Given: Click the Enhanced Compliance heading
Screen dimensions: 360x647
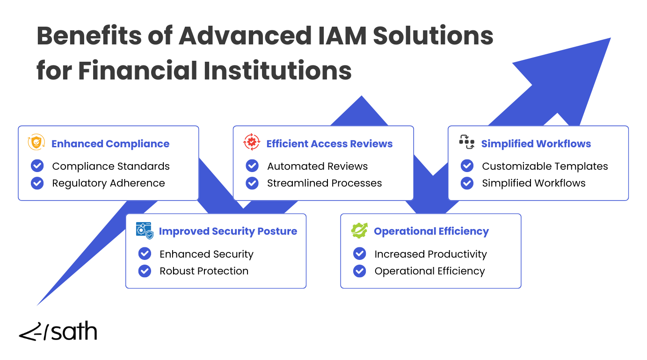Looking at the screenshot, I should (x=110, y=144).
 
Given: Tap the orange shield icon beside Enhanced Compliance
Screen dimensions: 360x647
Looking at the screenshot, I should (x=36, y=142).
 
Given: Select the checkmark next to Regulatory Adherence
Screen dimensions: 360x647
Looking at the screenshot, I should (x=37, y=183).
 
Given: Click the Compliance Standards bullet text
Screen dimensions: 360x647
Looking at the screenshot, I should (x=111, y=166).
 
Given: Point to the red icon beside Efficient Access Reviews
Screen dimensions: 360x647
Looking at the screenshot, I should (x=252, y=142).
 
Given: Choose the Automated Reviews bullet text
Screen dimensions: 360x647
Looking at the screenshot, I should (x=317, y=166).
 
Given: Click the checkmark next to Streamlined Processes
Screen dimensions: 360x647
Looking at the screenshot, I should (x=252, y=183).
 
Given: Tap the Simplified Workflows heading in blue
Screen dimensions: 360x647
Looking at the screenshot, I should (x=536, y=144).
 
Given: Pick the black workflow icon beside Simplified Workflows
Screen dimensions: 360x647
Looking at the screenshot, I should (x=466, y=142).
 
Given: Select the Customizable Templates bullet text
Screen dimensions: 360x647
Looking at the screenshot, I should (x=545, y=166).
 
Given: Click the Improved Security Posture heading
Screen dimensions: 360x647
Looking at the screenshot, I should (x=228, y=231).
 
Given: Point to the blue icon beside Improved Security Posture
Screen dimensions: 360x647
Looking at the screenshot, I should (x=144, y=230).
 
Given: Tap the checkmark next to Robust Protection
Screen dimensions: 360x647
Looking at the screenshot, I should (x=145, y=271).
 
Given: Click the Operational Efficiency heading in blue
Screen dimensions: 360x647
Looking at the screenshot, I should (x=431, y=231).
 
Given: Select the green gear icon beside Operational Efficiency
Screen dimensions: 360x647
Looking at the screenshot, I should (x=359, y=230).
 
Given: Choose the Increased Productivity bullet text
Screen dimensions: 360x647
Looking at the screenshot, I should (x=430, y=254).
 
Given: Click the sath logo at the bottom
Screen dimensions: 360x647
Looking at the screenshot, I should (x=58, y=331).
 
